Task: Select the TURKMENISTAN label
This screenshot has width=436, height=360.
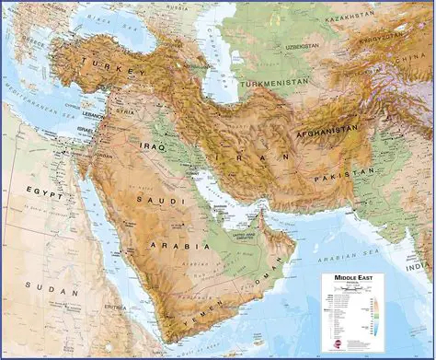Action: pyautogui.click(x=273, y=83)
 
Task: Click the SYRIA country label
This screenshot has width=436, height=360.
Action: pyautogui.click(x=126, y=111)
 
